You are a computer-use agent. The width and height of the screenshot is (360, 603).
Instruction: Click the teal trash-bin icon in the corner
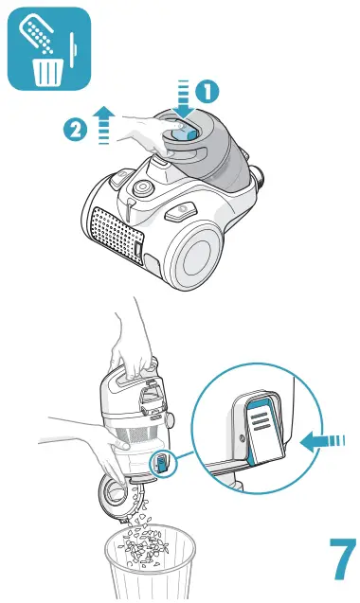pyautogui.click(x=49, y=48)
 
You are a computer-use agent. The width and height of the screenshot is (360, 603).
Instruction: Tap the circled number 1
pyautogui.click(x=207, y=93)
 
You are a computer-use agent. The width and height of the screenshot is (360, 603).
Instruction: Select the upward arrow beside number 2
pyautogui.click(x=103, y=124)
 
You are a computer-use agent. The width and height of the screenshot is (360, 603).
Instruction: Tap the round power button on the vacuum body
pyautogui.click(x=142, y=187)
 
